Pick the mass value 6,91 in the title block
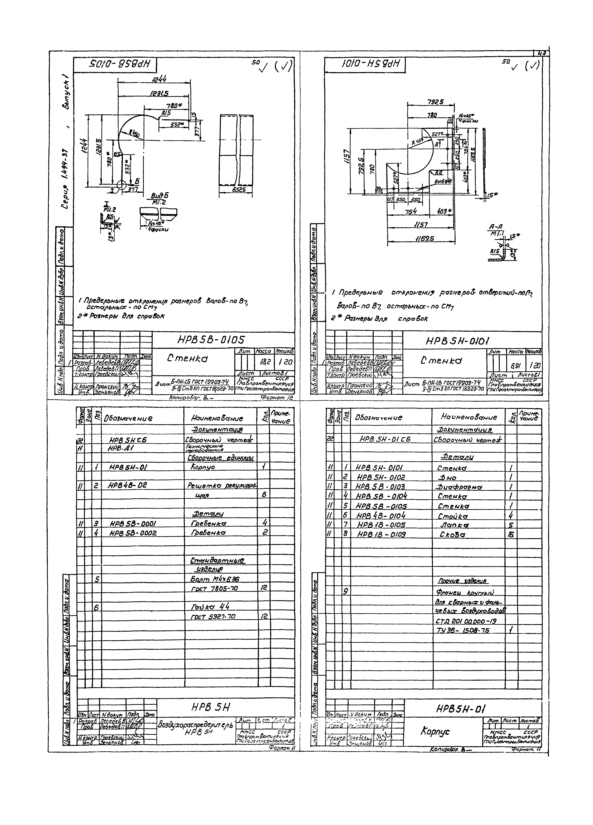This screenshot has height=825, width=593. point(516,366)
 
